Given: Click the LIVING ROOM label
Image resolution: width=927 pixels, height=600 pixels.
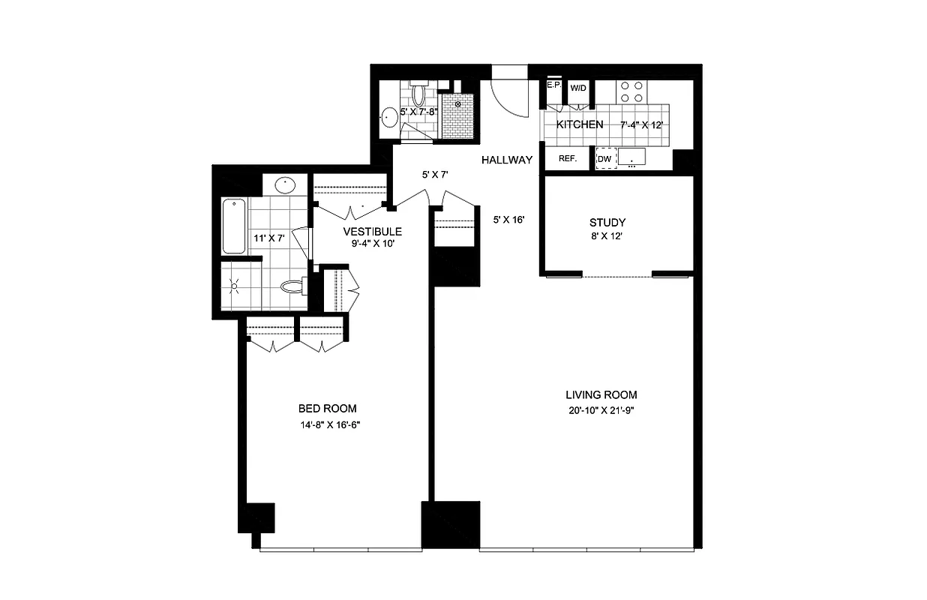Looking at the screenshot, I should (x=601, y=394).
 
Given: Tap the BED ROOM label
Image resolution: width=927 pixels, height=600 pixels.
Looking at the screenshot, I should (x=327, y=409).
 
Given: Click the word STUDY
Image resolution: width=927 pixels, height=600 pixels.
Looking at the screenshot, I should (x=607, y=222).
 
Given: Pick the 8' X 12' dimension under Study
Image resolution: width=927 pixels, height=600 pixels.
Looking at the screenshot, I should (x=607, y=236).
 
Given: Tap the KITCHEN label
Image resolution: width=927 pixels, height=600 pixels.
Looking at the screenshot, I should (x=579, y=124).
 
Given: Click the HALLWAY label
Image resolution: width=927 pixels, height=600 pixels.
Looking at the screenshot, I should (x=507, y=160).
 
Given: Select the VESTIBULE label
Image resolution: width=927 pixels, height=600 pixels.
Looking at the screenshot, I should (x=372, y=231).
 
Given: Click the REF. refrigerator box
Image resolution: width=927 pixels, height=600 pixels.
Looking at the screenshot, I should (x=567, y=159).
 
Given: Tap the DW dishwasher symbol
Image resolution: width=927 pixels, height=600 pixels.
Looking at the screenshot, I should (x=604, y=159).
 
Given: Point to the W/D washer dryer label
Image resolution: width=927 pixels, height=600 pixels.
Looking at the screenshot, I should (x=578, y=88).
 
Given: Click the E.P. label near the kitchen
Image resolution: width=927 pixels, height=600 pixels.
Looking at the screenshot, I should (x=554, y=85).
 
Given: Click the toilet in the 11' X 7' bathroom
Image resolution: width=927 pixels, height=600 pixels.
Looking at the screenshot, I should (x=292, y=286).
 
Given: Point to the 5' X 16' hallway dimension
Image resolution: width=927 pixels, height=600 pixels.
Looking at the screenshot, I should (x=508, y=220).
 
